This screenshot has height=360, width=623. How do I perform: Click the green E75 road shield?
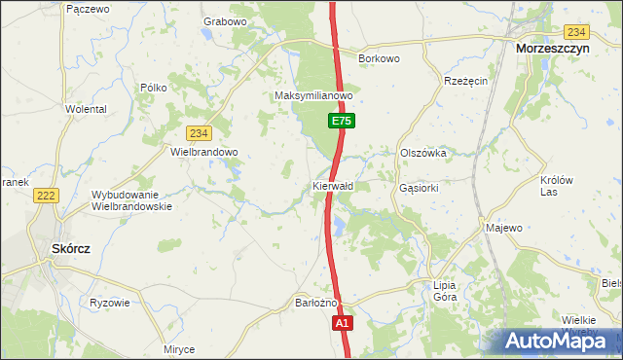pos(340,121)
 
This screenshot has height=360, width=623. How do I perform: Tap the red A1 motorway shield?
pos(341,323)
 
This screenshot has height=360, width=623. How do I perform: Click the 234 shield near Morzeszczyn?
pos(577,32)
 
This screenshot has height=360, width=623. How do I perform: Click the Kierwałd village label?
pos(333,185)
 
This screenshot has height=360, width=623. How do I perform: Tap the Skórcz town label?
pos(70,248)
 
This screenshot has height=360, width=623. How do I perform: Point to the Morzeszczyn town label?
pos(561,48)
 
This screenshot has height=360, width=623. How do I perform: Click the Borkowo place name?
pos(380,59)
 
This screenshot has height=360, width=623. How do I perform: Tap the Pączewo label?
pos(88,8)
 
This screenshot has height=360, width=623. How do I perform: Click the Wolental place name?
pos(86,110)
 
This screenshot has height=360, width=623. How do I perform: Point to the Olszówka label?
pos(423,153)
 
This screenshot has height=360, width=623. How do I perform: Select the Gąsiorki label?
pos(420,187)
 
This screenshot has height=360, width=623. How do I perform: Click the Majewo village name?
pos(504,228)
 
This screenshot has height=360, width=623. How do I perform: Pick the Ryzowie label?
pos(109,302)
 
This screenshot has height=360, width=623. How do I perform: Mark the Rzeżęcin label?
pos(465,81)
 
